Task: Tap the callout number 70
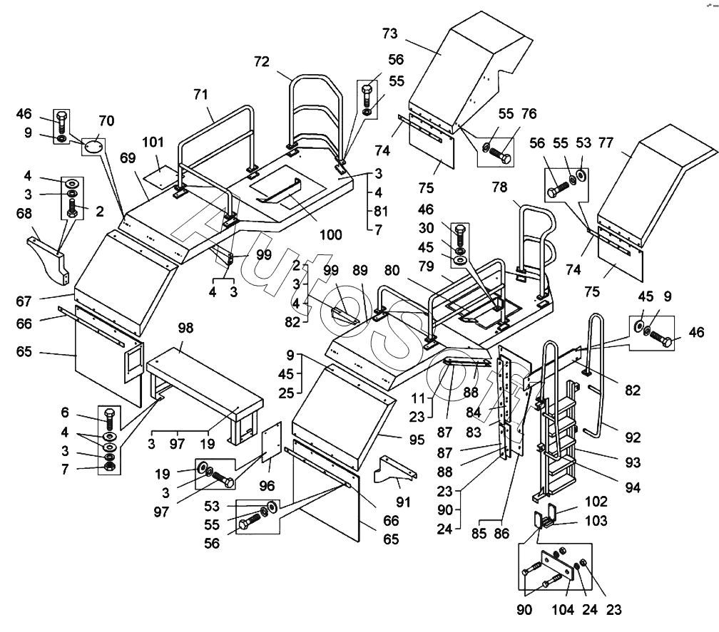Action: click(106, 120)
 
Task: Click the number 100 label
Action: click(330, 234)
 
